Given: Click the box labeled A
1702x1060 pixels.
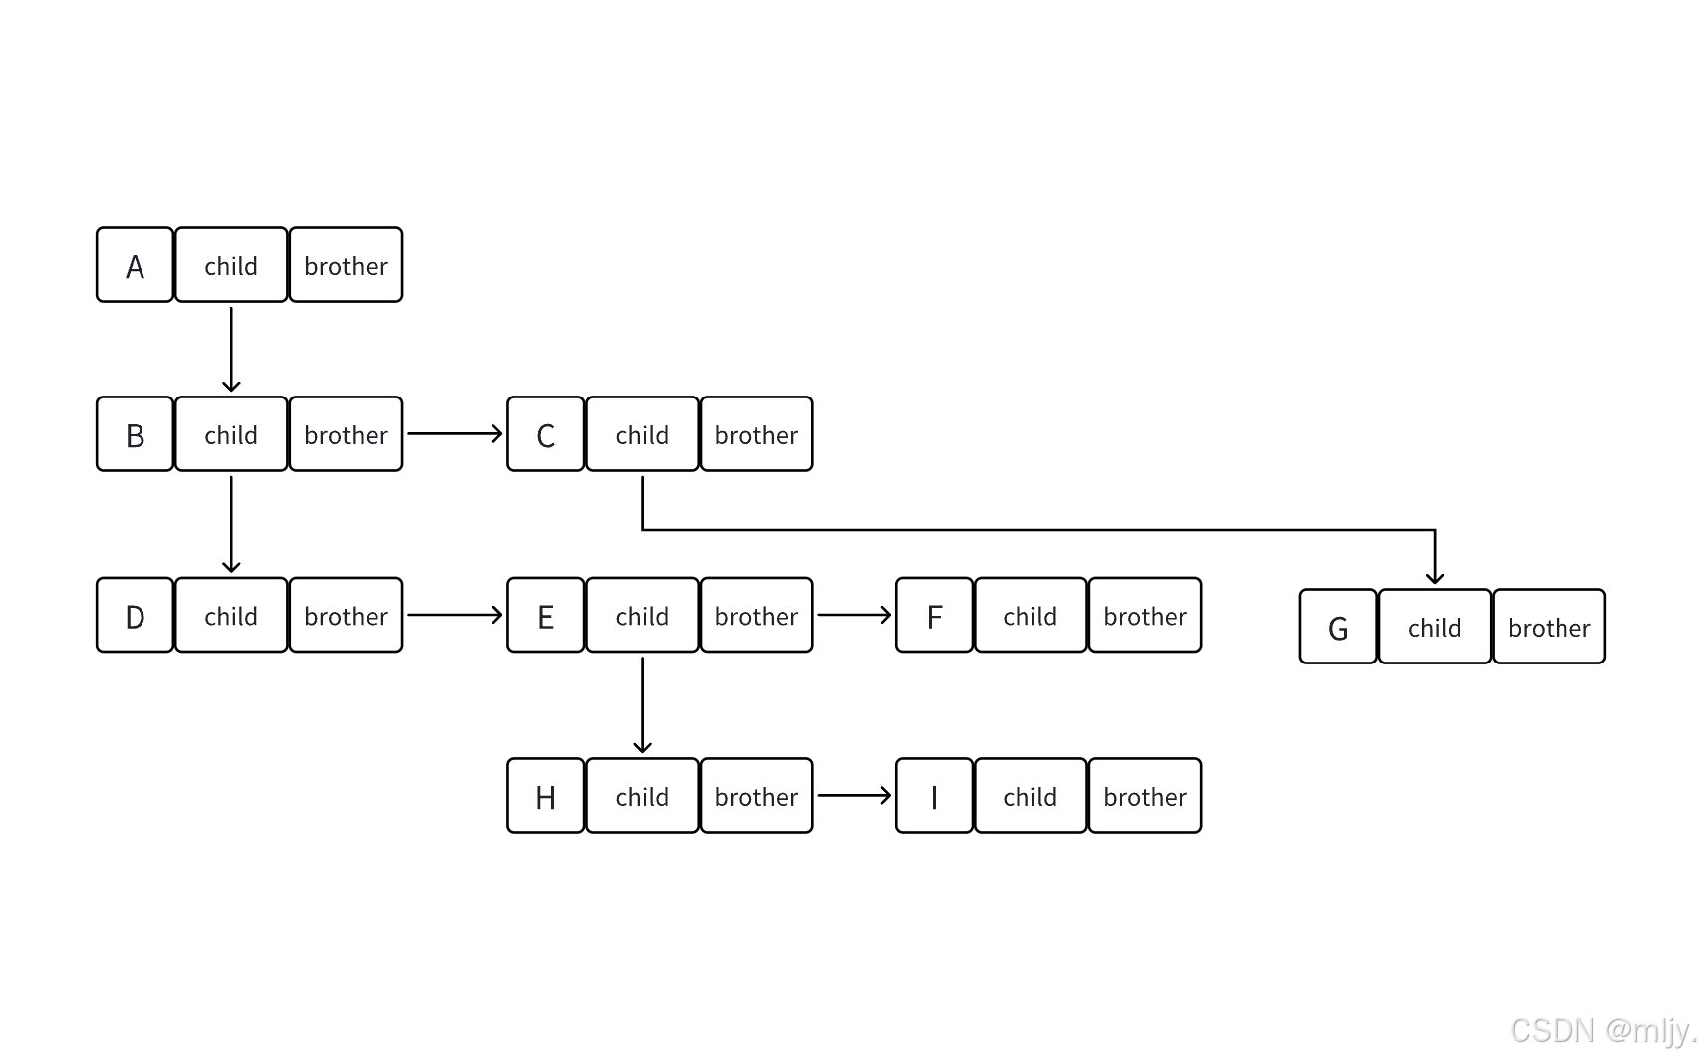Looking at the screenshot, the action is click(135, 264).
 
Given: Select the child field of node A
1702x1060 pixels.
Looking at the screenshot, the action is click(231, 264).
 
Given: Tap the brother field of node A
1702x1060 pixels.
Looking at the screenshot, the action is click(346, 264).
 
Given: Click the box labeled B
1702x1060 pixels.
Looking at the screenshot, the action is click(135, 434).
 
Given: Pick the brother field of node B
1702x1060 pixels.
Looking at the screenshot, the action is click(346, 434).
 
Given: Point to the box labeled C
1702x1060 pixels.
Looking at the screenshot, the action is click(545, 434).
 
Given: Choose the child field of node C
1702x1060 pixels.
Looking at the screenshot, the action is click(642, 434).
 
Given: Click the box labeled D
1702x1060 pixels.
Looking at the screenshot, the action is click(135, 615).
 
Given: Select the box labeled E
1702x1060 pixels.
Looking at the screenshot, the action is click(545, 615).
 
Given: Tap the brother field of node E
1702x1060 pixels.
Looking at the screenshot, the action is click(756, 615).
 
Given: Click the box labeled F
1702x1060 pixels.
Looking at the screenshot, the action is click(934, 615).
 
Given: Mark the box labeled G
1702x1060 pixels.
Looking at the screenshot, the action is click(1338, 626).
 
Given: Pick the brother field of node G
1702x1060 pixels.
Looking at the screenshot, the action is click(1550, 626).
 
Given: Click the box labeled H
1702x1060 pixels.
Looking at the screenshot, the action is click(545, 796).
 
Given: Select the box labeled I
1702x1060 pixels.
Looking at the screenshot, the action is click(934, 796).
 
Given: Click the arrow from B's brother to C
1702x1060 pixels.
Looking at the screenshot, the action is click(454, 434).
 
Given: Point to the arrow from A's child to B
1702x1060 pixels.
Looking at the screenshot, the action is click(231, 350).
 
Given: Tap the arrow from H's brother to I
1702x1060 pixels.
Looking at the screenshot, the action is click(854, 796).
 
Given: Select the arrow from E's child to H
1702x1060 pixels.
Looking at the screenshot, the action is click(642, 705).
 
